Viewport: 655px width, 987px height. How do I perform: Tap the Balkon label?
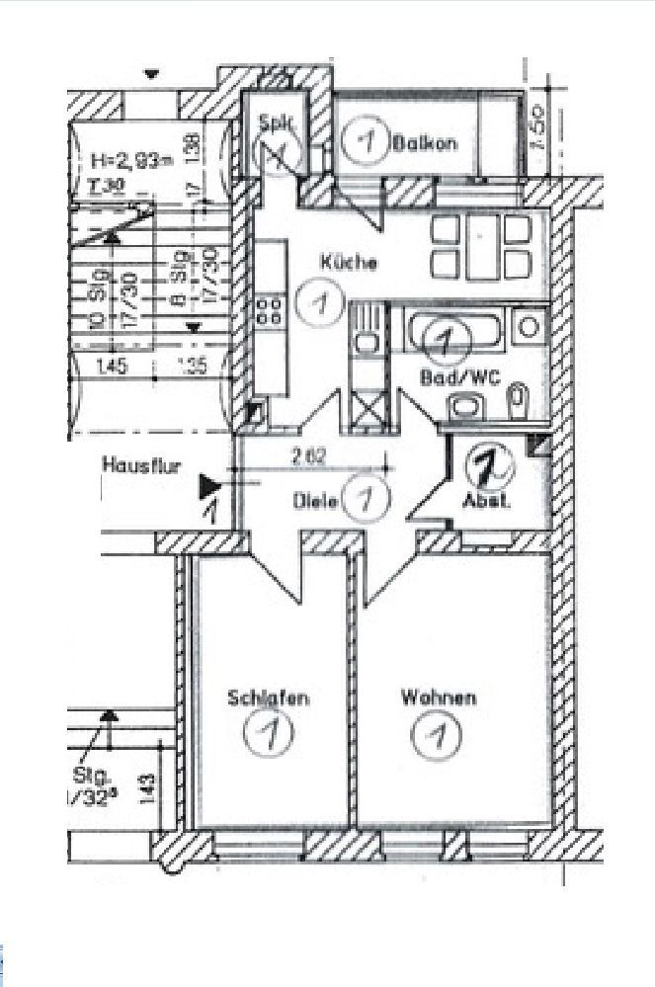coord(424,142)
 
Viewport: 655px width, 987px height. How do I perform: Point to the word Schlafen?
coord(269,698)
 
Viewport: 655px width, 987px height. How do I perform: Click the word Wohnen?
coord(438,698)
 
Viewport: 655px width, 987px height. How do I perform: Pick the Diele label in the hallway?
coord(315,501)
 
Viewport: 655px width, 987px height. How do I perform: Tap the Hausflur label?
coord(140,464)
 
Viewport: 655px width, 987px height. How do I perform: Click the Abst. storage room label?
coord(487,500)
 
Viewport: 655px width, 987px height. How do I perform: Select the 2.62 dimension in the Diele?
coord(309,456)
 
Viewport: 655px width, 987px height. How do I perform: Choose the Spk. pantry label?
coord(273,124)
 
